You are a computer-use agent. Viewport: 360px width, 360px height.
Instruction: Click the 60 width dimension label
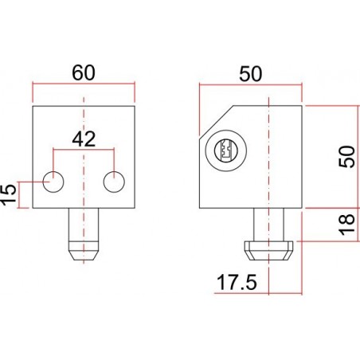click(84, 71)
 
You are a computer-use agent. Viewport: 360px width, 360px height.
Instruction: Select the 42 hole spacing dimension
click(85, 139)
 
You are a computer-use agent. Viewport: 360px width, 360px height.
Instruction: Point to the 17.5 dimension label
click(231, 281)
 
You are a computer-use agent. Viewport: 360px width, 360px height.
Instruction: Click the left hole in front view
click(54, 182)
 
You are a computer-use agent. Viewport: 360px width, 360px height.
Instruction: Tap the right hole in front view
click(115, 182)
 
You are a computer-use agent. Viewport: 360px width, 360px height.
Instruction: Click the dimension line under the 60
click(84, 83)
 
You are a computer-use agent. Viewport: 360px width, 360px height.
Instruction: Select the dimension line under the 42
click(84, 148)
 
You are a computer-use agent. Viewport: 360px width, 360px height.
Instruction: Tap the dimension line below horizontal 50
click(250, 83)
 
